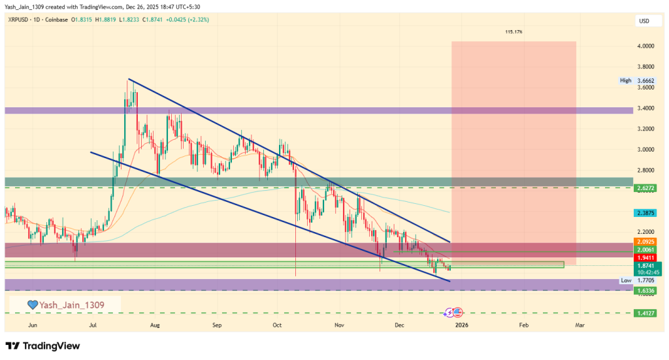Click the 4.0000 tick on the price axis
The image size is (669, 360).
coord(647,46)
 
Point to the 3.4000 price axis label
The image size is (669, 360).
coord(647,108)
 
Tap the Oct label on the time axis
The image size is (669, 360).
coord(277,324)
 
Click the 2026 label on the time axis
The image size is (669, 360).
coord(461,324)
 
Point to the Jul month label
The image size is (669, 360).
coord(93,324)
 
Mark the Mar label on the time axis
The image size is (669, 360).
coord(579,324)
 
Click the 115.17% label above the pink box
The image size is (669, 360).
coord(514,31)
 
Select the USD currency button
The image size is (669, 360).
coord(643,22)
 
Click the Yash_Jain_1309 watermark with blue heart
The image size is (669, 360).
coord(65,304)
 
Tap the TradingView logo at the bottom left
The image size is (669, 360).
coord(42,346)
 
